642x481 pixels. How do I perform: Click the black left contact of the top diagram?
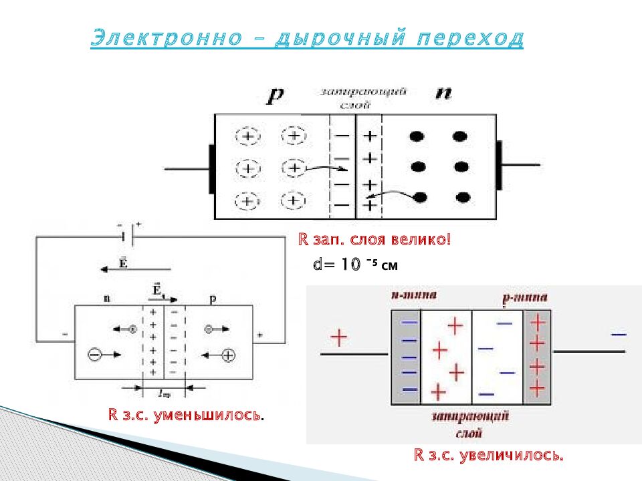click(x=211, y=166)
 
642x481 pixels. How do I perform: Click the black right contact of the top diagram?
click(x=498, y=165)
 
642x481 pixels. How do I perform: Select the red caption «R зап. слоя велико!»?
click(x=374, y=239)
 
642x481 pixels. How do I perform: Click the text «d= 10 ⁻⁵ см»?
click(x=355, y=264)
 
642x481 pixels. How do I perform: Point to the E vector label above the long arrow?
click(x=123, y=261)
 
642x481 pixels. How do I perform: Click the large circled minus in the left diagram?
click(x=94, y=355)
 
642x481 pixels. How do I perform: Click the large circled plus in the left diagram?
click(x=228, y=355)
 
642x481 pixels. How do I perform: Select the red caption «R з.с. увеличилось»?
click(x=489, y=456)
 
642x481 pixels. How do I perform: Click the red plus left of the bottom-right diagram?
click(x=339, y=338)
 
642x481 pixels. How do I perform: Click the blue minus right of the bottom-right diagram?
click(x=619, y=333)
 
